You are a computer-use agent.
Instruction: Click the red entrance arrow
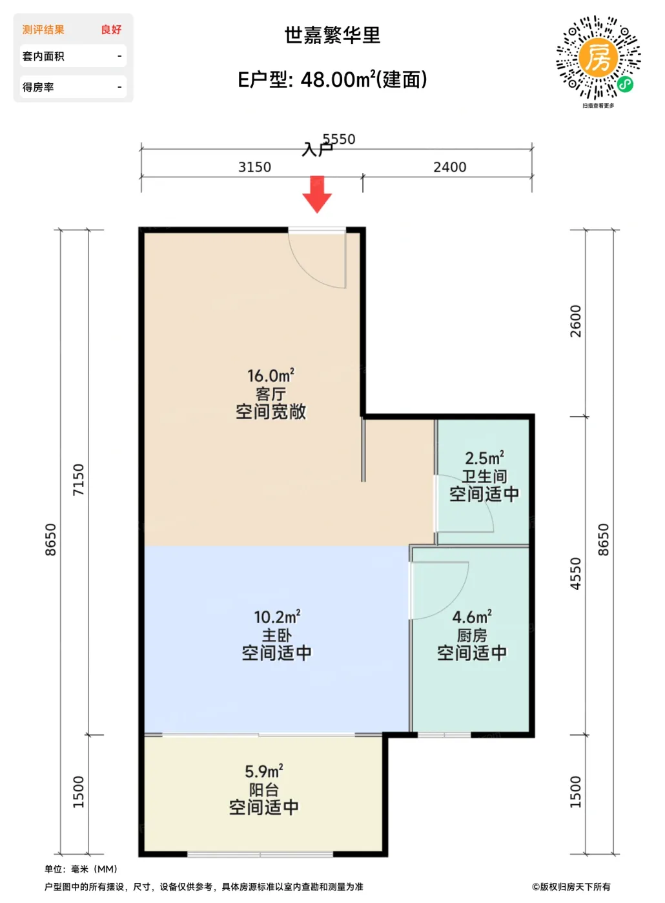tap(317, 194)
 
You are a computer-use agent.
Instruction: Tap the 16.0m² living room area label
tap(271, 375)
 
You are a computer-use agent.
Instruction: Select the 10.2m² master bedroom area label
tap(277, 617)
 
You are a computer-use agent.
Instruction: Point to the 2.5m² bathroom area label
tap(484, 458)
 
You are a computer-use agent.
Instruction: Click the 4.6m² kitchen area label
tap(472, 617)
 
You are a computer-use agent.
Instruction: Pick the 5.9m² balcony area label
tap(264, 771)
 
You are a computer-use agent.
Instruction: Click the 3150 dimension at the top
tap(254, 167)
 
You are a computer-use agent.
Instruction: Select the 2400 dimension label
tap(450, 167)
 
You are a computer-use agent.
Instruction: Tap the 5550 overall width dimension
tap(339, 139)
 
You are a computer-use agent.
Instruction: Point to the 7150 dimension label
tap(78, 480)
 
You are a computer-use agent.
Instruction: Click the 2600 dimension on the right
tap(576, 321)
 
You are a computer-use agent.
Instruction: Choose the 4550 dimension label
tap(576, 573)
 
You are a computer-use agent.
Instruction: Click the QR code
tap(598, 57)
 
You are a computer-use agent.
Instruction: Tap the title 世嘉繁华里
tap(332, 35)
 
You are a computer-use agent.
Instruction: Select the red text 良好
tap(111, 30)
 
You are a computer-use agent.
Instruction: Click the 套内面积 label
tap(43, 56)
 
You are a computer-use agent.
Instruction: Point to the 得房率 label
tap(38, 87)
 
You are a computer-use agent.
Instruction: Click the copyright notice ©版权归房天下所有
tap(571, 886)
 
